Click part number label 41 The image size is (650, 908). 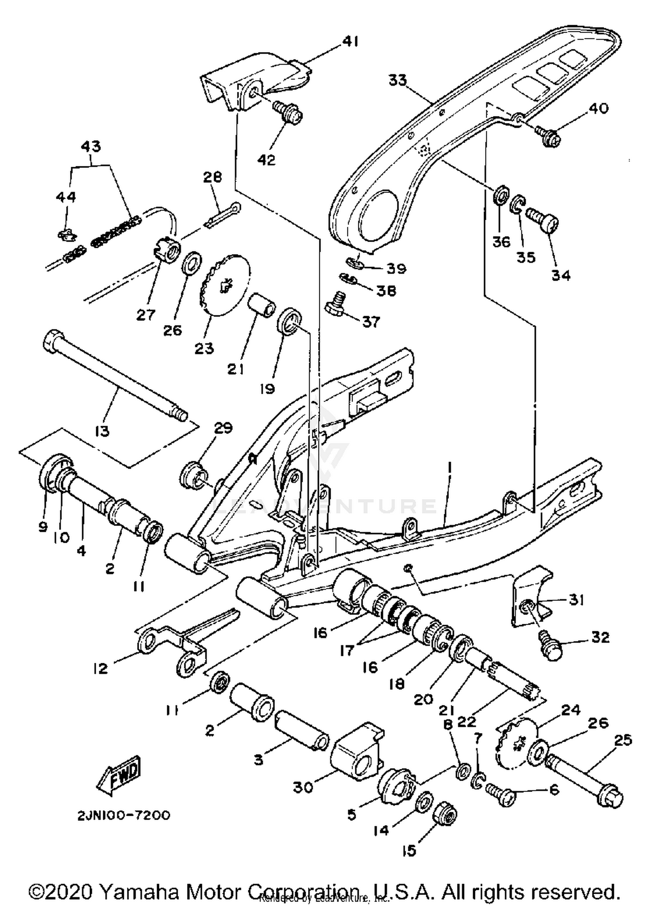(x=351, y=42)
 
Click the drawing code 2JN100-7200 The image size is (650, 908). (x=124, y=815)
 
